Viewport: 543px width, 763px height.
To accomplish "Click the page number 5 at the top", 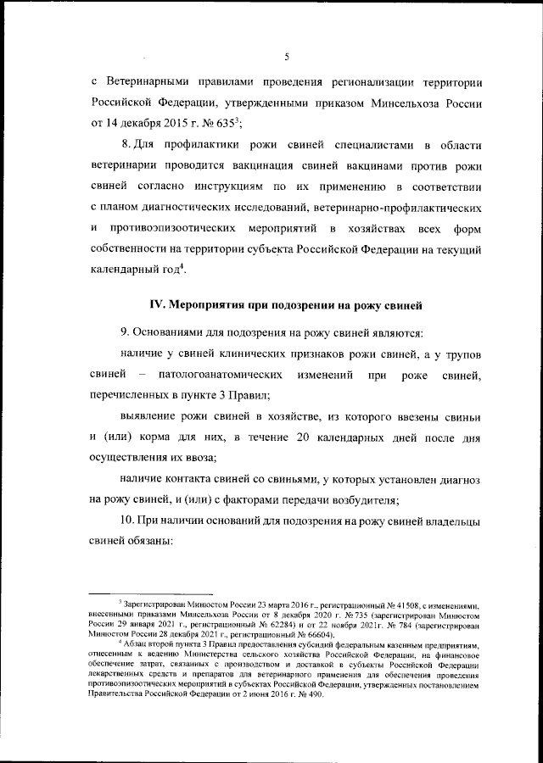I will pyautogui.click(x=287, y=57).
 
